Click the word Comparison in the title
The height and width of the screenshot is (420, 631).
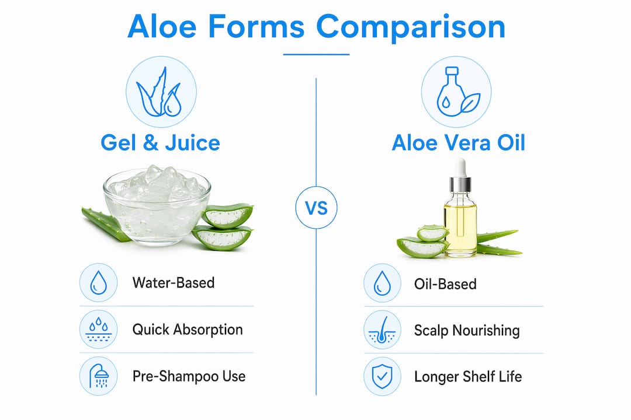411,27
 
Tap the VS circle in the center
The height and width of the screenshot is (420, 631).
316,208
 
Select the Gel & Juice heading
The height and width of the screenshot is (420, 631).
160,143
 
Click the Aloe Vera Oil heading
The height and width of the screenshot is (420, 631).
459,143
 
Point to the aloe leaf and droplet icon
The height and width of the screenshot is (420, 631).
161,92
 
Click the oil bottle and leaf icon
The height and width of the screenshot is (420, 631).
456,92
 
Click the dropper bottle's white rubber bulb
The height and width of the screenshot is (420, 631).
460,167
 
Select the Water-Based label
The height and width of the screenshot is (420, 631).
174,282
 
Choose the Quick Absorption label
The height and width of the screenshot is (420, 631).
188,330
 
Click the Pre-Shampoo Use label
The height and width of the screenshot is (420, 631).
189,376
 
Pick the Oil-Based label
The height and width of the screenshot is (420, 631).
445,284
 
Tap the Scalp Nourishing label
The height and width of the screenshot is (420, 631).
467,330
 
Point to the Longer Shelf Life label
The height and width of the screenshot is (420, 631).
468,377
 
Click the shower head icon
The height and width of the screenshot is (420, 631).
99,376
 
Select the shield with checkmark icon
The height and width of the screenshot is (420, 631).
382,377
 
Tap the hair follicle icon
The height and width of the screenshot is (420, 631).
382,330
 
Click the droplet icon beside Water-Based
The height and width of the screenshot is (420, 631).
99,282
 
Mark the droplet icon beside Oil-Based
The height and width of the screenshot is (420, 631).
382,283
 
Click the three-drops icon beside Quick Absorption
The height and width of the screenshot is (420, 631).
99,330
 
